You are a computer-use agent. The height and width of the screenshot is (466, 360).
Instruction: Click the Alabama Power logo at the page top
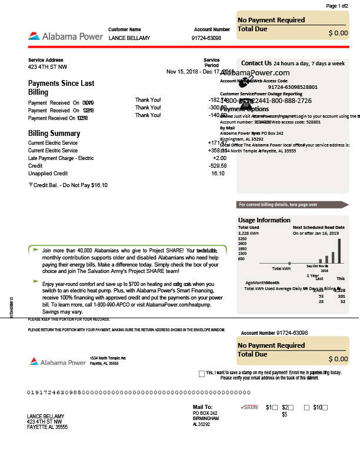64,36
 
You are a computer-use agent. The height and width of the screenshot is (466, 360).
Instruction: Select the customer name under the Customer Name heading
129,38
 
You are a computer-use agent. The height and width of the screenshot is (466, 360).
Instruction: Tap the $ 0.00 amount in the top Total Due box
338,33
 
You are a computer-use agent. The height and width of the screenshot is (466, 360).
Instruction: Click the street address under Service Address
48,66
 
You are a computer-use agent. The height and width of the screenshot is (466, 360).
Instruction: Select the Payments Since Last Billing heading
61,88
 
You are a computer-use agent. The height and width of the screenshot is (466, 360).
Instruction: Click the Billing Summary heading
54,134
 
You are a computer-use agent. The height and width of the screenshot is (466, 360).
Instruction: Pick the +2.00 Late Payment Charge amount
219,158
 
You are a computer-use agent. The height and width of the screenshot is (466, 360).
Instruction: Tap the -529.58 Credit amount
217,165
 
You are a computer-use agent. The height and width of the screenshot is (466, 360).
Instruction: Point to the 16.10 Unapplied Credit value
218,173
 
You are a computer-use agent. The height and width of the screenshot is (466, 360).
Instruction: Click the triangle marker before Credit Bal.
31,185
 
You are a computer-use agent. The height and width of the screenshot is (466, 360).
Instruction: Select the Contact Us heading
256,63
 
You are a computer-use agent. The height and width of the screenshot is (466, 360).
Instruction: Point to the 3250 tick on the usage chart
242,238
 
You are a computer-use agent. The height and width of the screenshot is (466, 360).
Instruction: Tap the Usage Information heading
264,220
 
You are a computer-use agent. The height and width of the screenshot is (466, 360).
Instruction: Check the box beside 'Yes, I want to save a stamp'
202,374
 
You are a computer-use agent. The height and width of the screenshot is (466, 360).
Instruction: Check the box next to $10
325,407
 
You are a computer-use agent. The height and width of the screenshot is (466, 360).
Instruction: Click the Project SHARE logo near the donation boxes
250,407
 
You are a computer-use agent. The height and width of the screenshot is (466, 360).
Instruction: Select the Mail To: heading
203,407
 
